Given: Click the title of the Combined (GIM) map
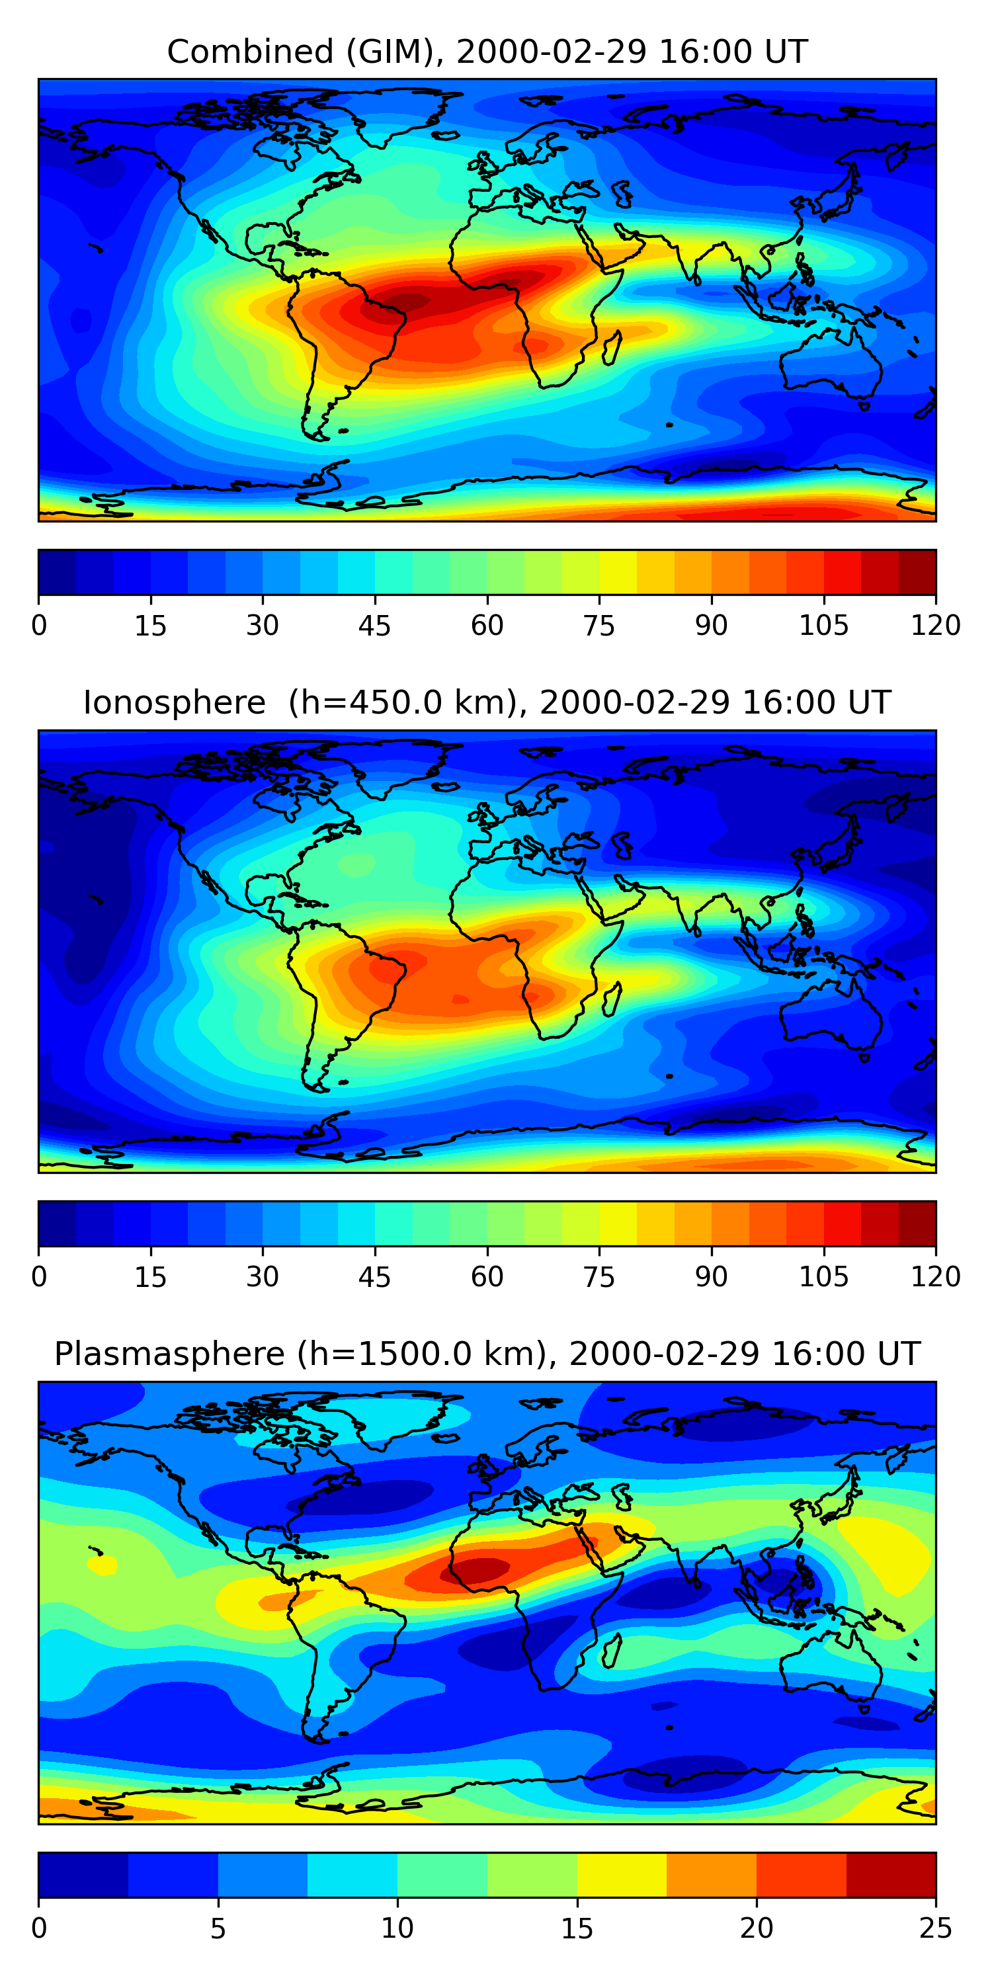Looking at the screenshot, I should click(487, 52).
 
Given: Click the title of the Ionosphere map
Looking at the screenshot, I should click(487, 702).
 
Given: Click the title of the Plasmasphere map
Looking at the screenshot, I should click(487, 1354).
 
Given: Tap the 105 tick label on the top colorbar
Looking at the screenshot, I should click(823, 626).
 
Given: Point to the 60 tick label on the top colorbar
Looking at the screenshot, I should click(487, 626).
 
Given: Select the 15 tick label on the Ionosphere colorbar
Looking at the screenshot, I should click(150, 1277).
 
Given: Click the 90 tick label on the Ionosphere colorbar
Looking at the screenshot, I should click(711, 1277).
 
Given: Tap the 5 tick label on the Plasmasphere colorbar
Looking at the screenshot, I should click(218, 1928).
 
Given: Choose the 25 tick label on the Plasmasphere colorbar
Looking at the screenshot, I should click(935, 1928).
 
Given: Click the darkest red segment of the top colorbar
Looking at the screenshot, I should click(917, 572).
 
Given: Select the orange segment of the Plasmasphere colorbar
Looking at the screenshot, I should click(711, 1875).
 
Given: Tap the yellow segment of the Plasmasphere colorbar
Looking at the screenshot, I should click(622, 1875).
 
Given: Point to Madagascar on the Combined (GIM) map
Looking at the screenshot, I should click(612, 347).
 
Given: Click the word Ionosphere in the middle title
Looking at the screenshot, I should click(174, 702).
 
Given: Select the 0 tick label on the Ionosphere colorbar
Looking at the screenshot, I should click(39, 1277).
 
